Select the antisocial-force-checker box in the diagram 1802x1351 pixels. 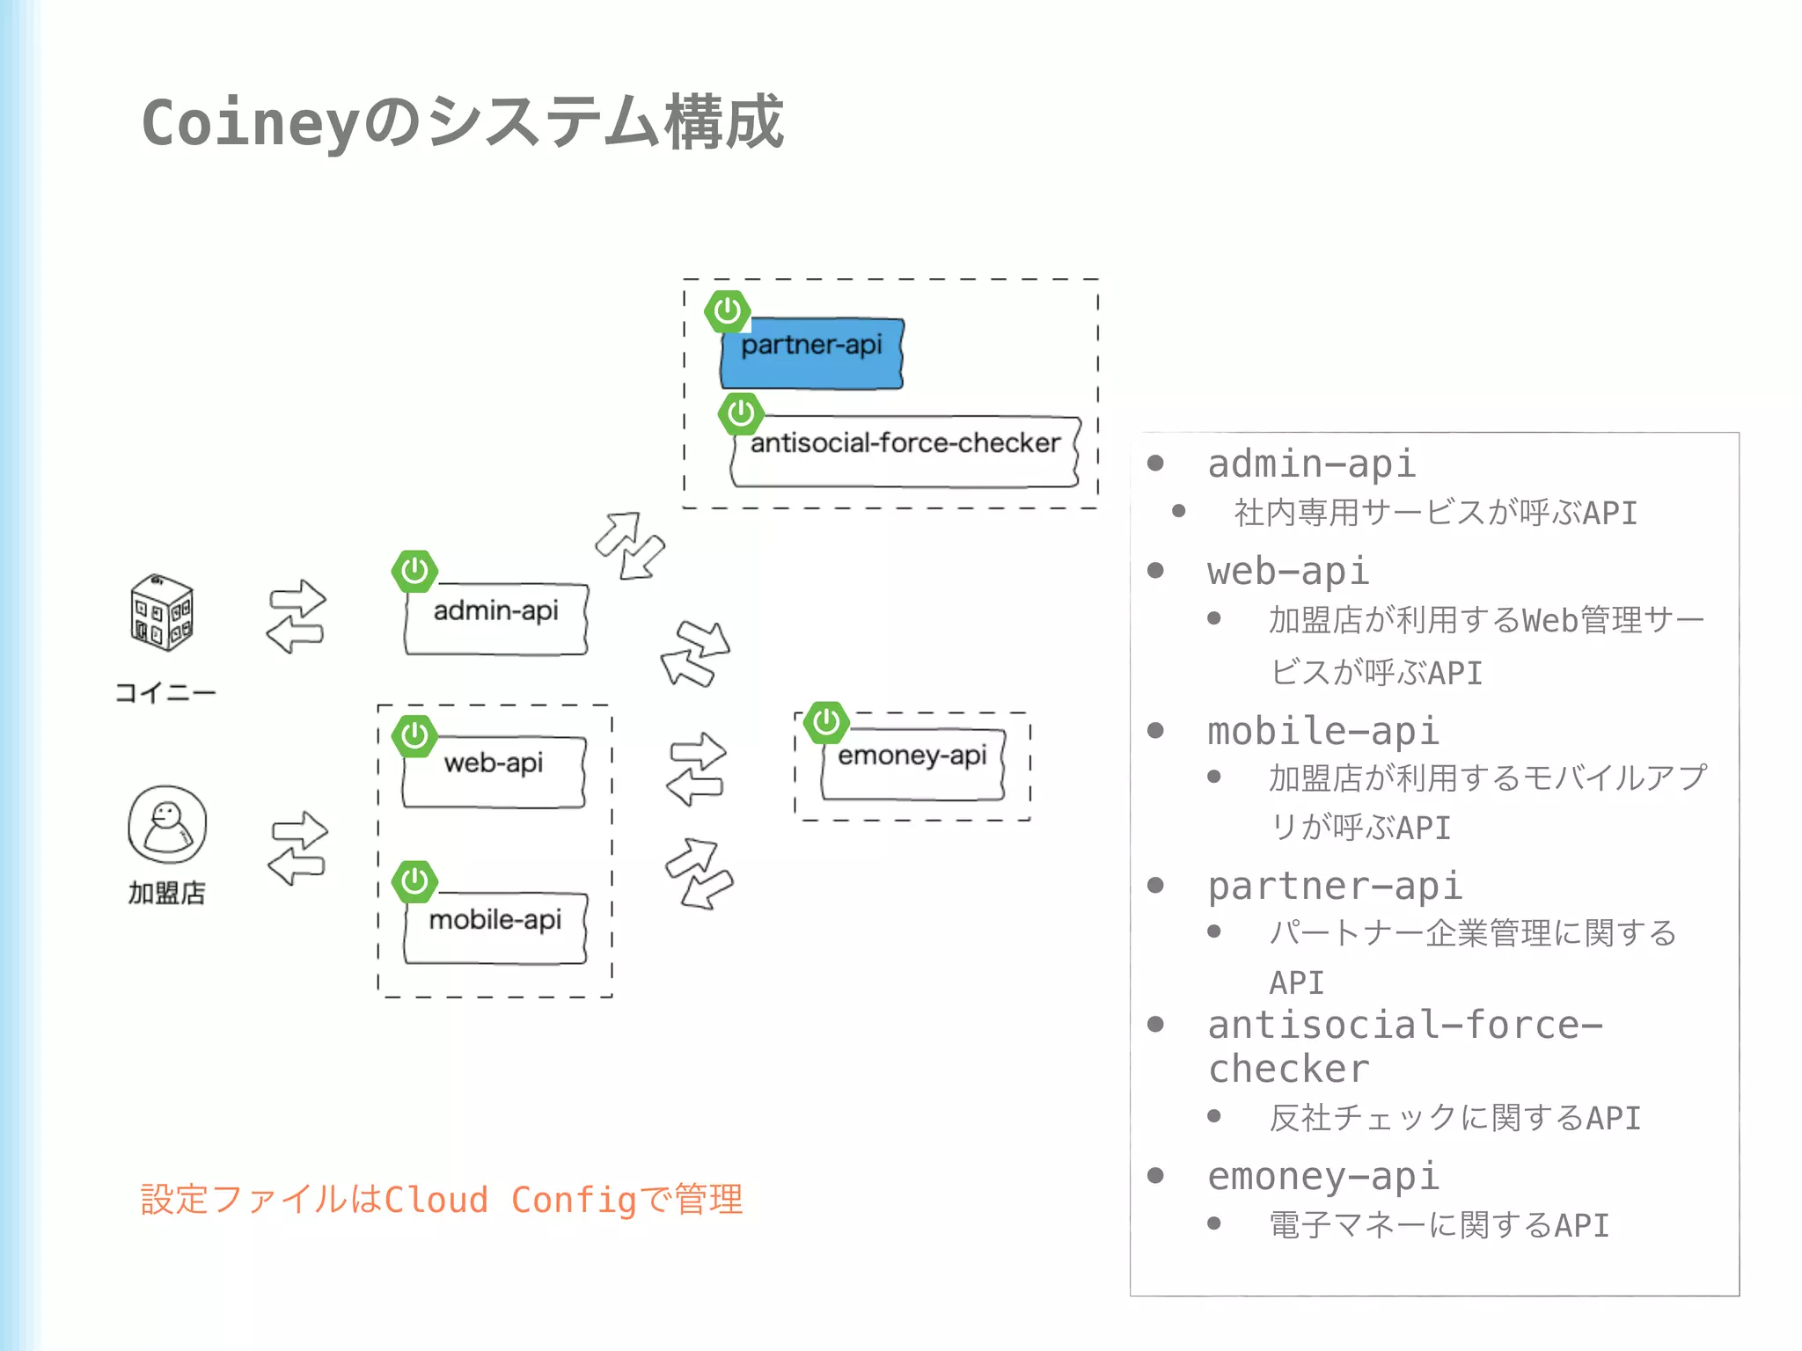point(905,451)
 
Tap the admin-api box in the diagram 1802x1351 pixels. point(495,618)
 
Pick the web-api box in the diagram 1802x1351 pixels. point(494,771)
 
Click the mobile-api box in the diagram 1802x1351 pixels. point(494,928)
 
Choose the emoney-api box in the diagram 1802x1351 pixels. point(912,763)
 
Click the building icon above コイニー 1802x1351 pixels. point(161,612)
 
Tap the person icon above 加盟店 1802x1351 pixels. point(167,825)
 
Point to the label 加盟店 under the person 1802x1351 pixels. point(166,893)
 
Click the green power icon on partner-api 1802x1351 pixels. point(727,311)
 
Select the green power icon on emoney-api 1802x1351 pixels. point(826,723)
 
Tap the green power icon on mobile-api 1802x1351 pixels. point(414,881)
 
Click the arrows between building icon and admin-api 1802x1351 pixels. point(297,616)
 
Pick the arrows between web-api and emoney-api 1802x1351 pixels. point(696,769)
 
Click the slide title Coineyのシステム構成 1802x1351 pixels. point(462,122)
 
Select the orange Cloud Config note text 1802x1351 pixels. point(442,1200)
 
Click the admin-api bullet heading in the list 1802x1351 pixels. point(1311,464)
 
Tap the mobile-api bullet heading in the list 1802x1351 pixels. point(1322,732)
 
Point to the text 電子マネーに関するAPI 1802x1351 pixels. point(1439,1225)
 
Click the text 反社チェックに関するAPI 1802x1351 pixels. point(1454,1118)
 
